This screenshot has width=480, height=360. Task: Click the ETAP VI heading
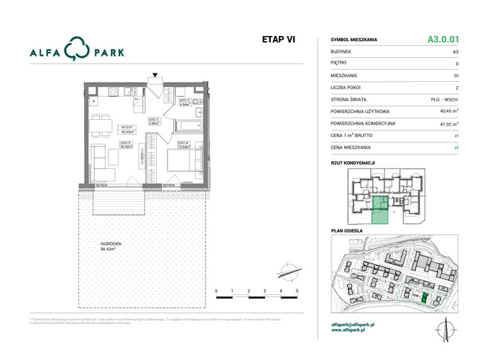point(279,39)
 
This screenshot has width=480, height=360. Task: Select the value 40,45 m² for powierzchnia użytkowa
point(448,110)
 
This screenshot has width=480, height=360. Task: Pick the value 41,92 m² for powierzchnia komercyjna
point(448,123)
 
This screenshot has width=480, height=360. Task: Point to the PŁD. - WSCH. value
point(446,98)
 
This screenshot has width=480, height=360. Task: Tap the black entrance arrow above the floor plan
point(155,76)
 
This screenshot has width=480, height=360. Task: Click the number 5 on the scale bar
point(297,289)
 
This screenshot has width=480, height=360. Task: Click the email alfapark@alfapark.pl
point(357,324)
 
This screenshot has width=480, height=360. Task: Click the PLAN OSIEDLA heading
point(346,231)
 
